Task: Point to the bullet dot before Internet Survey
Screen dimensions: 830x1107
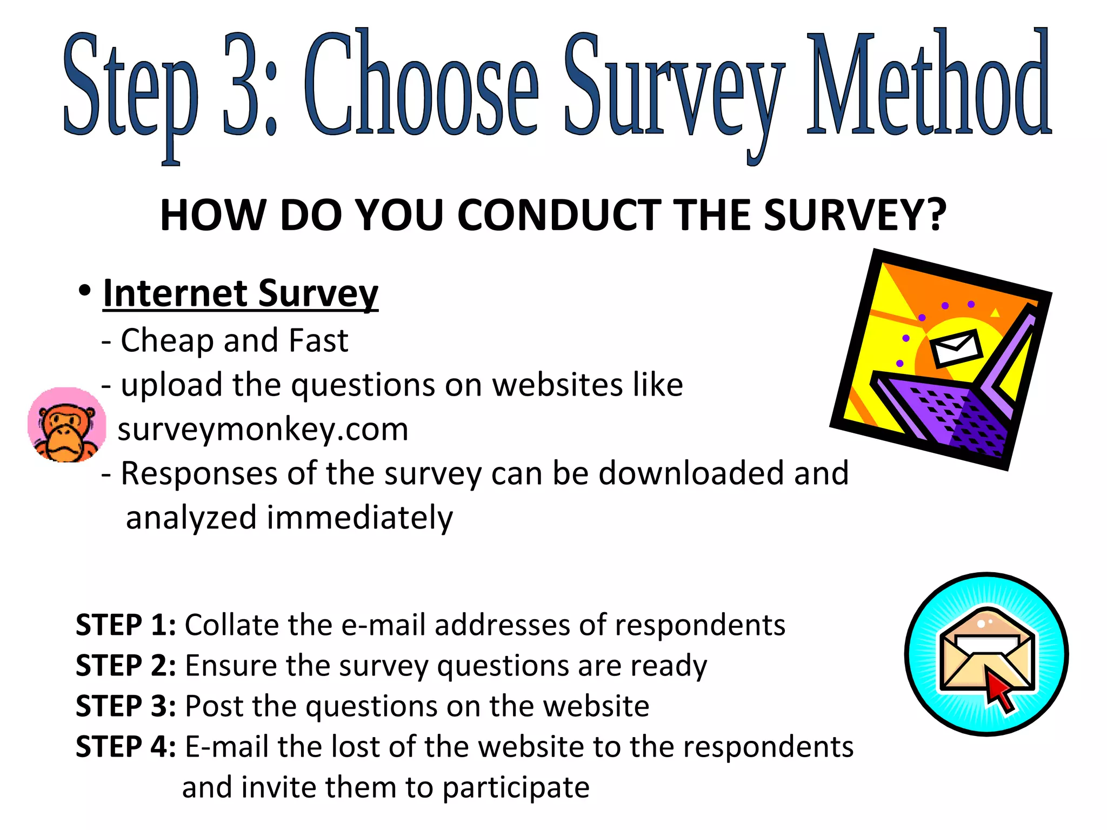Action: (84, 291)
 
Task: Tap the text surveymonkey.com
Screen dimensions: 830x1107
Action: (263, 430)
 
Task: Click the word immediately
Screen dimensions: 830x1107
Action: (359, 518)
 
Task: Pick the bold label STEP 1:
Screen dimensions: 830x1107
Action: (126, 625)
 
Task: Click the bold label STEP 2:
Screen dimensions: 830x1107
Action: (126, 666)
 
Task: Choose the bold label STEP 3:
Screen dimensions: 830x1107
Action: (126, 706)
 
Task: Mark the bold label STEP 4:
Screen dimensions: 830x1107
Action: (126, 747)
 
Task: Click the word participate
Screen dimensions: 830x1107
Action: (516, 788)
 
